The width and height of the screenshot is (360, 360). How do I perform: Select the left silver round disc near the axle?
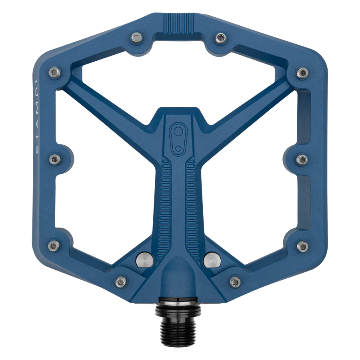click(x=145, y=261)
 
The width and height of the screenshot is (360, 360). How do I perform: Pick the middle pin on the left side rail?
click(x=54, y=160)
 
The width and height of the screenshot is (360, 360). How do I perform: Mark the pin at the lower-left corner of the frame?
click(x=52, y=245)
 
